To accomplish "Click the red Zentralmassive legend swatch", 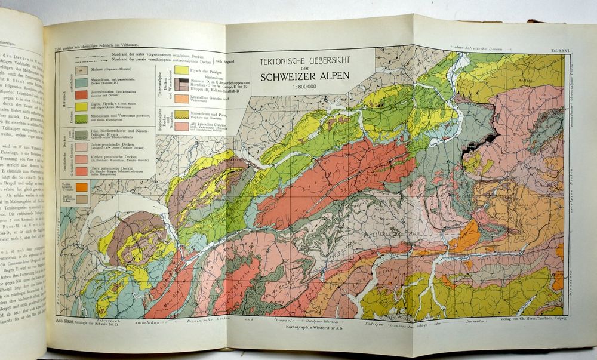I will [x=81, y=95].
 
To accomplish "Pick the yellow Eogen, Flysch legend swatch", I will [x=81, y=107].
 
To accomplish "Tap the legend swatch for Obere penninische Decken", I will [x=81, y=171].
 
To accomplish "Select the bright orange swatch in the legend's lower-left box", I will [x=81, y=187].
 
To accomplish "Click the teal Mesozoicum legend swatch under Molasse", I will [x=81, y=82].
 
